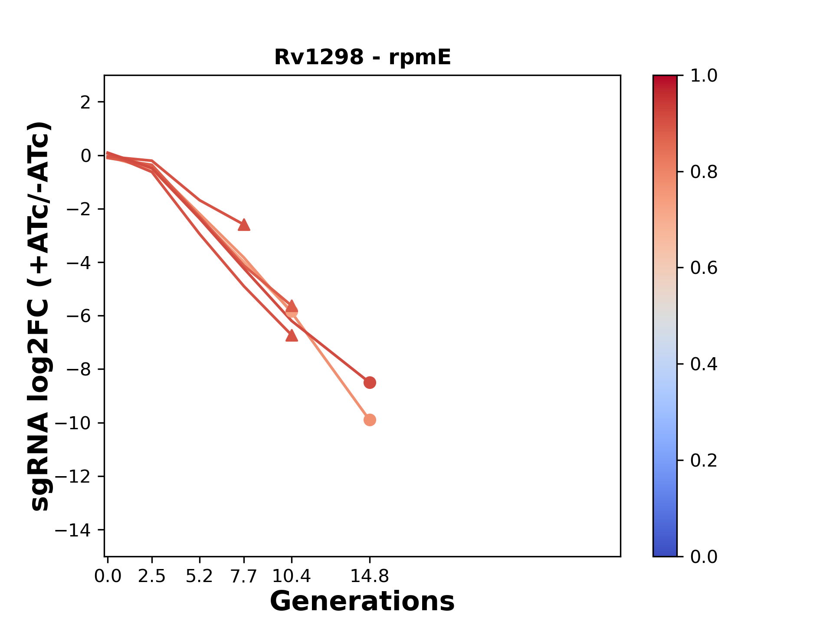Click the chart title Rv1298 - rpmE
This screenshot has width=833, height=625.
click(x=362, y=57)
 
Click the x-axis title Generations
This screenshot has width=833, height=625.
click(x=362, y=602)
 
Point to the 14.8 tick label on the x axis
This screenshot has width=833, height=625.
click(x=369, y=576)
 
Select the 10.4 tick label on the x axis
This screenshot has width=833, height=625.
click(x=291, y=576)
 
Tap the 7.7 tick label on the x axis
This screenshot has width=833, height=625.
click(x=244, y=576)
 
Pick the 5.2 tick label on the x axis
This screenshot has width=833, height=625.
click(x=199, y=576)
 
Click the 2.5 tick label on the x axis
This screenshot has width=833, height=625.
click(x=152, y=576)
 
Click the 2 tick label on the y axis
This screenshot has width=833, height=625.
click(x=85, y=102)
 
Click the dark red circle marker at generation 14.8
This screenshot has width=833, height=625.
click(x=370, y=382)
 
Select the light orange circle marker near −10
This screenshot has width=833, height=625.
click(x=370, y=420)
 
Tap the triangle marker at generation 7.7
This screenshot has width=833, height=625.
click(x=244, y=225)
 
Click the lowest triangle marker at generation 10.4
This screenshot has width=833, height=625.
click(x=292, y=336)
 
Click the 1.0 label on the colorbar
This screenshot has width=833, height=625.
click(x=703, y=76)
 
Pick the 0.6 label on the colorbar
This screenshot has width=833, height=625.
click(x=703, y=268)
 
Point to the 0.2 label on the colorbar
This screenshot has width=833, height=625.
click(x=703, y=461)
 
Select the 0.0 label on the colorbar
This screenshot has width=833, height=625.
click(x=703, y=556)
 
